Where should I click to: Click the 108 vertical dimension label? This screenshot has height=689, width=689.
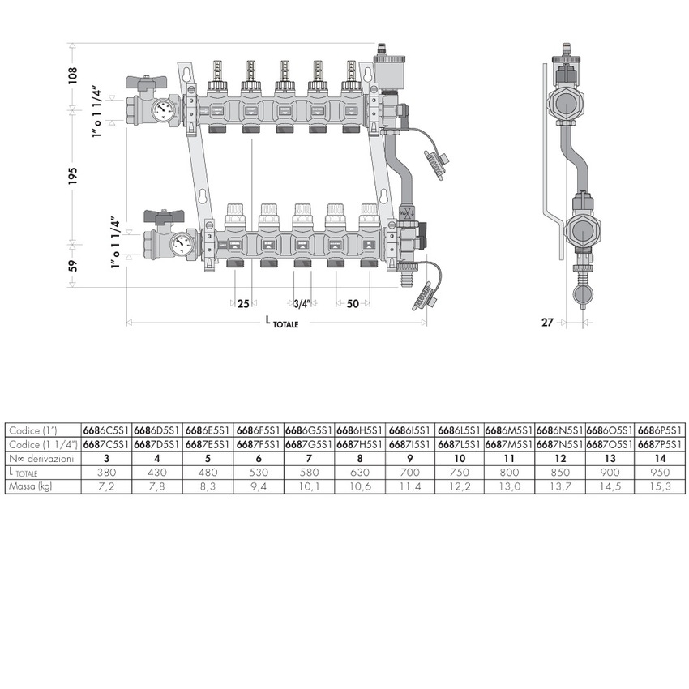(x=73, y=75)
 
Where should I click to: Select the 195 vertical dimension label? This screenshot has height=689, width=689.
(x=73, y=174)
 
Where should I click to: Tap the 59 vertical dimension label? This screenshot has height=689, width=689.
(x=73, y=265)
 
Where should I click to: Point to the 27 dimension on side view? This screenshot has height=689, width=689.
(x=547, y=322)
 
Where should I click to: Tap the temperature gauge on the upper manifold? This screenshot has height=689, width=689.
(x=168, y=109)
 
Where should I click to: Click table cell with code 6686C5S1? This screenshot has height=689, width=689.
(x=108, y=430)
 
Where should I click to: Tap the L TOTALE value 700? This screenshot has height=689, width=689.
(x=411, y=472)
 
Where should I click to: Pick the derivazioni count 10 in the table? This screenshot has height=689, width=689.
(x=460, y=458)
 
